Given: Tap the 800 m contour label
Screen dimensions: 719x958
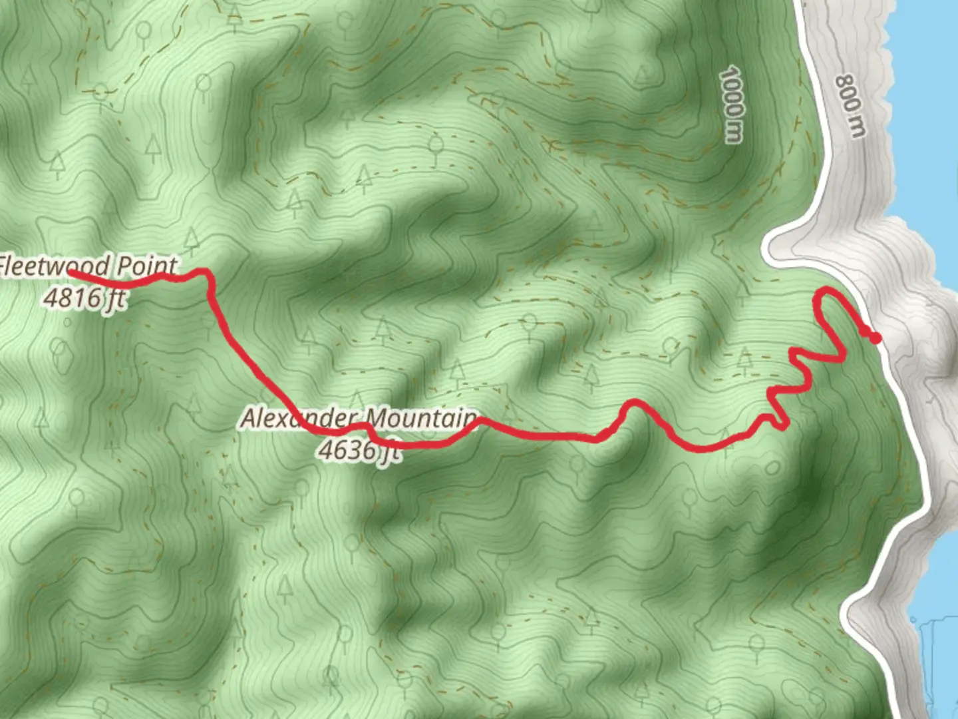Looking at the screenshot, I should pyautogui.click(x=850, y=105).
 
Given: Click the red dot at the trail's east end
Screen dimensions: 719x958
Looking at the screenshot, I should pyautogui.click(x=876, y=338).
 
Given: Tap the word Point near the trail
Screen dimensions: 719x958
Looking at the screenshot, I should pyautogui.click(x=147, y=266).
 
